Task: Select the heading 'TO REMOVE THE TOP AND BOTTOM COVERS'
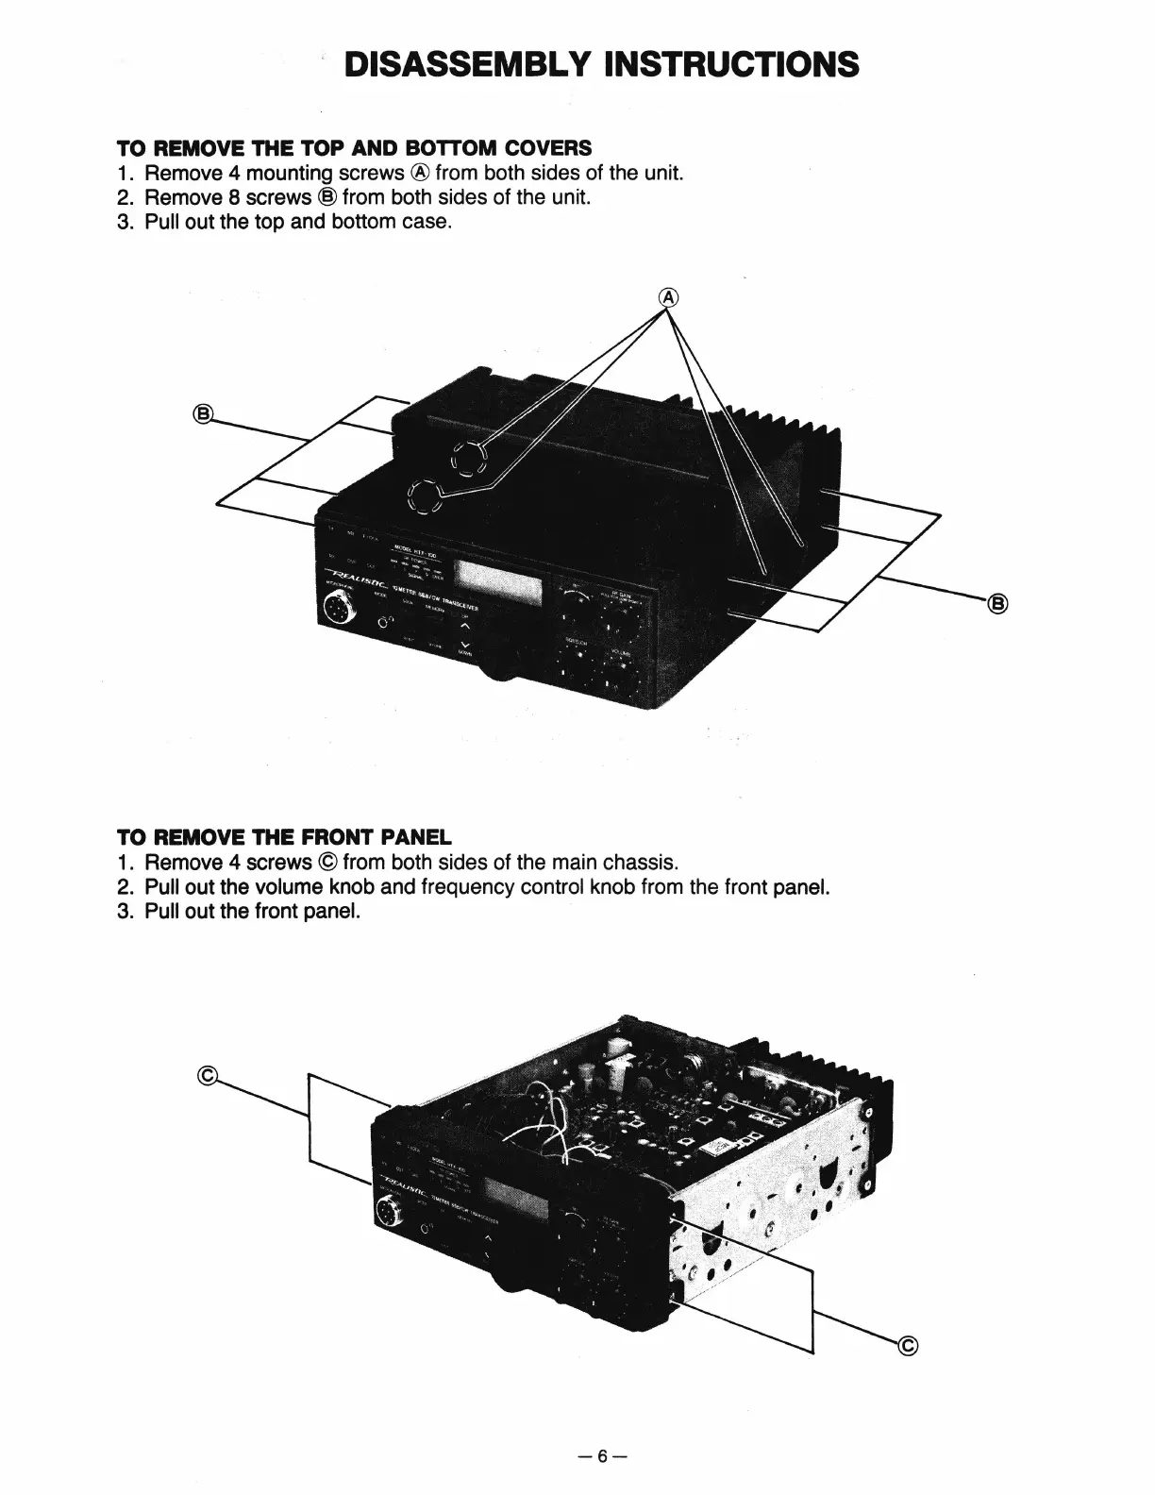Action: point(354,148)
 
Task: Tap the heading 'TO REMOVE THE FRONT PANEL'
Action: point(284,837)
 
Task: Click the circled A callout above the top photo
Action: point(669,296)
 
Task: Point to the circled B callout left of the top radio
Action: point(202,413)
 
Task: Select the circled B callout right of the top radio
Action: point(997,604)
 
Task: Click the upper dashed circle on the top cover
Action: point(468,460)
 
